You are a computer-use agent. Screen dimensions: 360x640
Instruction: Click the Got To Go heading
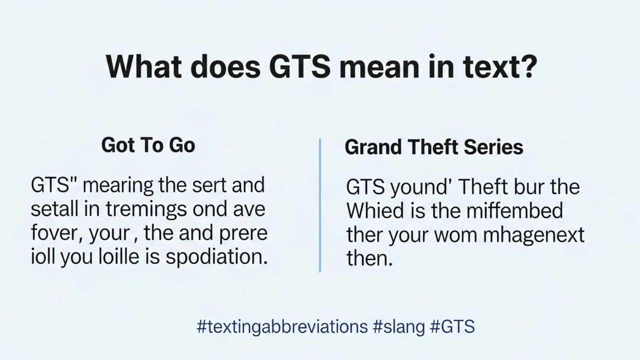[148, 145]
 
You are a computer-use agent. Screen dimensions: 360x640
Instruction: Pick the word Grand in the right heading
[373, 147]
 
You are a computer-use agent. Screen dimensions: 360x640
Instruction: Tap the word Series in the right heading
[493, 147]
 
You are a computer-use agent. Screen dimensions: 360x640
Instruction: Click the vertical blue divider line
[320, 205]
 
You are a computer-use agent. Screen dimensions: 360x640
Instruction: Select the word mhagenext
[534, 235]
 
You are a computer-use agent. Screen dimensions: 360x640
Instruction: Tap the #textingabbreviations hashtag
[282, 327]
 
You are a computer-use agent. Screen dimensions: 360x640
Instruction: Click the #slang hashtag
[399, 327]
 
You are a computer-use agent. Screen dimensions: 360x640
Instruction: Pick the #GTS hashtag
[452, 327]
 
